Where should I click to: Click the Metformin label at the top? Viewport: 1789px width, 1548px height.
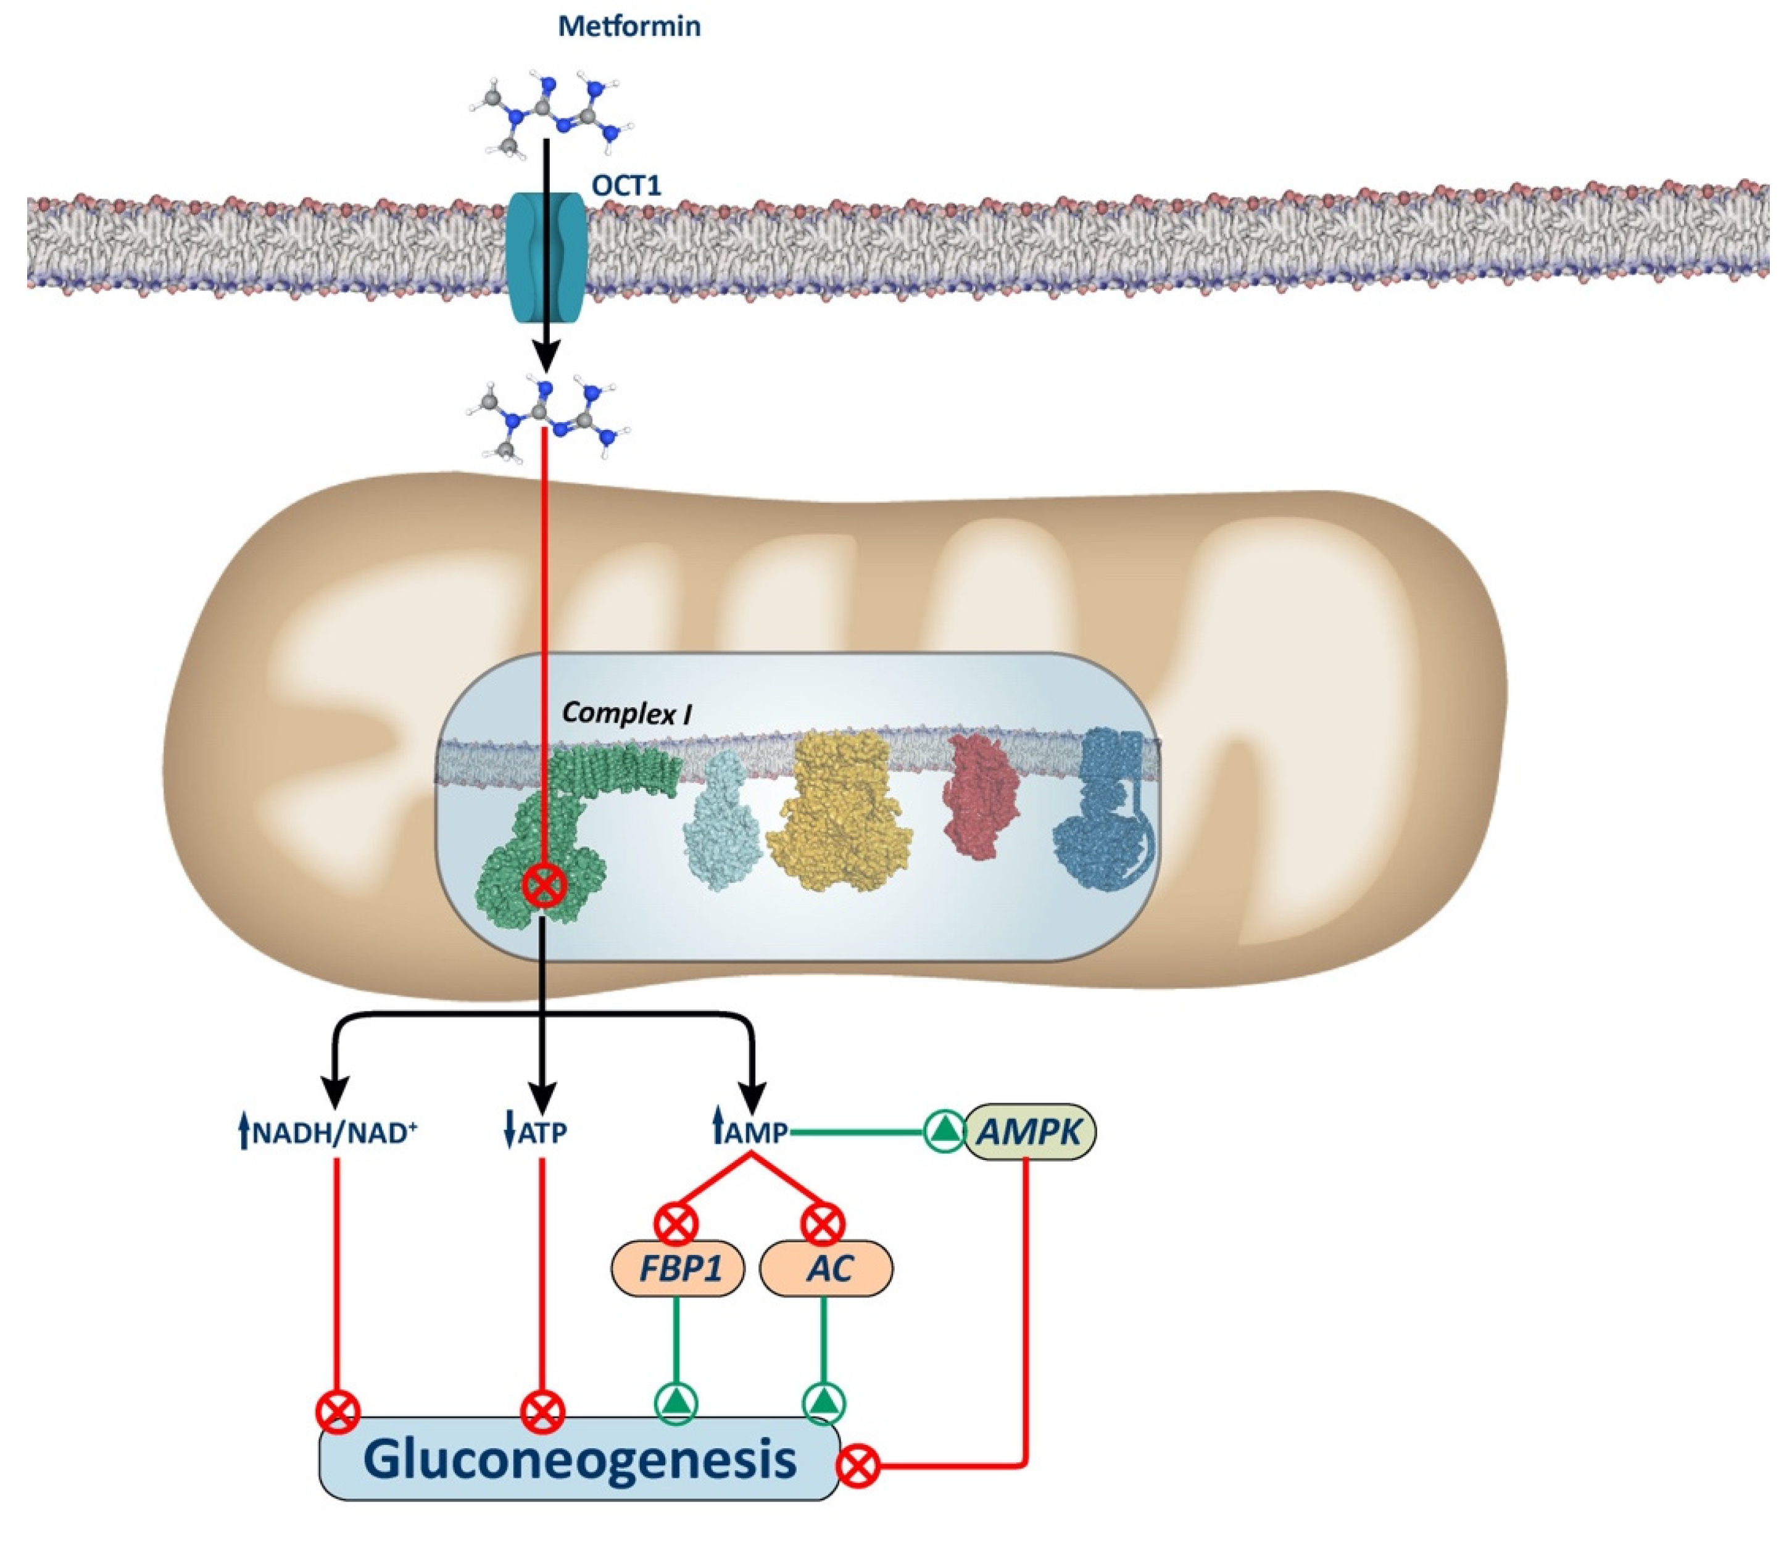click(629, 26)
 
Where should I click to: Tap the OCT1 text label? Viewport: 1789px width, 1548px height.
click(626, 185)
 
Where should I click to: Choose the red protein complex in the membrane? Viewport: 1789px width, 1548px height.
click(981, 797)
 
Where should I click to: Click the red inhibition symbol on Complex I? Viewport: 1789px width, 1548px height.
click(545, 885)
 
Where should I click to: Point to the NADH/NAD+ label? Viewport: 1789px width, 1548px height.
click(328, 1132)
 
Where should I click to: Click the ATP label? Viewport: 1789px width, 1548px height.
click(536, 1132)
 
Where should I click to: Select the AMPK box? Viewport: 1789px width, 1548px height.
click(1028, 1131)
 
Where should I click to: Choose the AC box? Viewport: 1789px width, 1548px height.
click(826, 1268)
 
